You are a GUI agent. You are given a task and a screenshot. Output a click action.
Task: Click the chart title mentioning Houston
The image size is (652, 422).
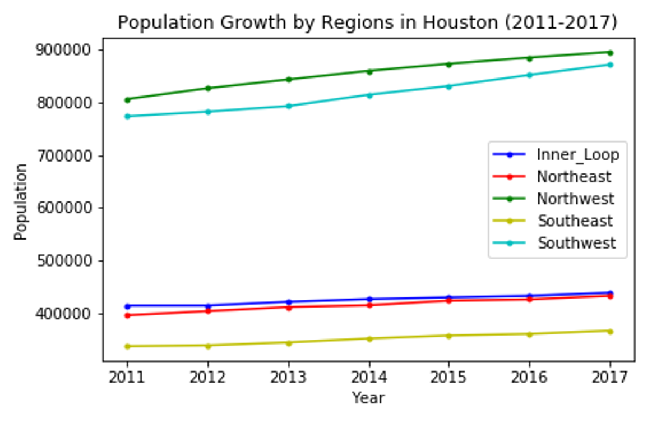point(367,22)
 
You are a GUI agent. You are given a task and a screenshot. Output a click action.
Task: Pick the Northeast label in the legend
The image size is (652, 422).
point(574,177)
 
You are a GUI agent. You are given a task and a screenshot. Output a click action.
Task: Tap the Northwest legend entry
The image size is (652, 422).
point(575,199)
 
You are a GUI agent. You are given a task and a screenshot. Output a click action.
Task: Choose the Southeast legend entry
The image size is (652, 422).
point(575,221)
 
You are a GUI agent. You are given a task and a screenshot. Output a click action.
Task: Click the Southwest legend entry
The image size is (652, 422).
point(576,243)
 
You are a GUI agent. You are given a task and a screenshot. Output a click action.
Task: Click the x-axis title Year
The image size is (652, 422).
point(368,398)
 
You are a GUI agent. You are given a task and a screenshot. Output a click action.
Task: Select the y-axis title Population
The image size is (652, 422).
point(21,201)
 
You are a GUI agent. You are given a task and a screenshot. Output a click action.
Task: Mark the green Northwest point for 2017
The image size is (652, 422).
point(610,53)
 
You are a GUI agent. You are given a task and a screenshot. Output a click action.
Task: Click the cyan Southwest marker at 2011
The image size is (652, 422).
point(127,116)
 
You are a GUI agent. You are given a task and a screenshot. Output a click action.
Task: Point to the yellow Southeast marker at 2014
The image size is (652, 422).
point(369,338)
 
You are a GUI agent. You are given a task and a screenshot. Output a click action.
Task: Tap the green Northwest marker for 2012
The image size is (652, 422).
point(208,88)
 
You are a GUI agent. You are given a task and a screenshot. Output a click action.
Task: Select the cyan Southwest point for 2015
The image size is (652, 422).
point(449,86)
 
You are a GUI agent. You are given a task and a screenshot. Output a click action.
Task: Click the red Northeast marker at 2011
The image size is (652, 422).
point(127,315)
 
